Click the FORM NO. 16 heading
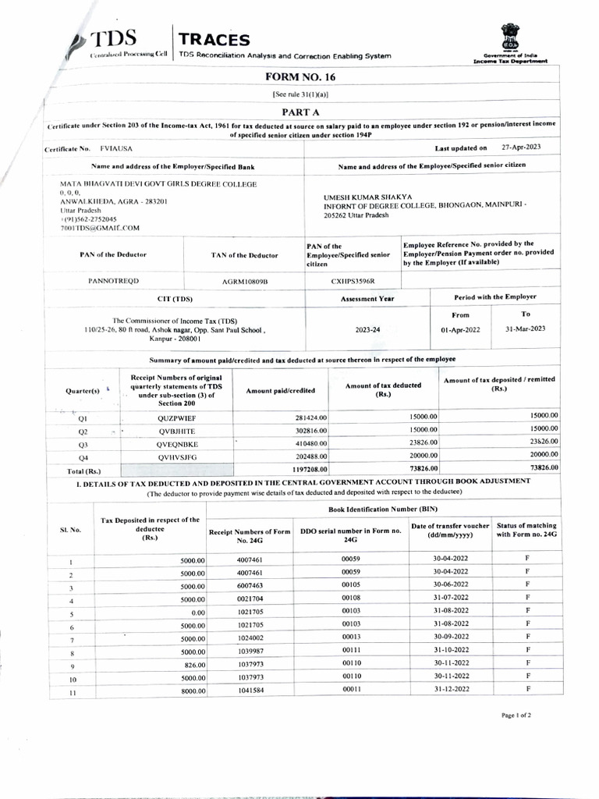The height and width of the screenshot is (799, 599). click(300, 77)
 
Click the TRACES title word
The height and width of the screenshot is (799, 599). click(214, 40)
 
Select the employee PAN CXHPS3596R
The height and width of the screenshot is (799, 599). click(352, 280)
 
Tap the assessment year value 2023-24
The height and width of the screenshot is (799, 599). click(367, 330)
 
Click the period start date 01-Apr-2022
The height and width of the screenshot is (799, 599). click(460, 330)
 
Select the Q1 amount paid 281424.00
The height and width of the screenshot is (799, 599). click(308, 417)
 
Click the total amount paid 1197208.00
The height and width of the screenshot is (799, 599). click(306, 469)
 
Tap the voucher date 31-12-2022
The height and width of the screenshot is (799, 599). click(450, 690)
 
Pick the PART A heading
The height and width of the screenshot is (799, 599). click(300, 112)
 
